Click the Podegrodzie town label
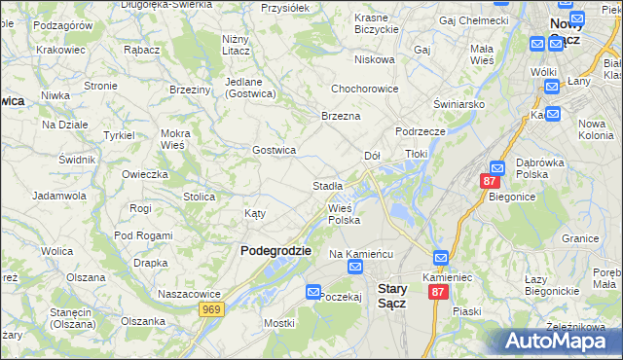pos(275,250)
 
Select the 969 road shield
pos(211,309)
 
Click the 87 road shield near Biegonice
pos(490,182)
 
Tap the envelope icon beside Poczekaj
pos(312,291)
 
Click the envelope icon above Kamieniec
pos(440,258)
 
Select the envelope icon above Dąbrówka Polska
pos(496,167)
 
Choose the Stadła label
pos(327,185)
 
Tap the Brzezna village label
pos(341,116)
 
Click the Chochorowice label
pos(366,88)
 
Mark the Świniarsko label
pos(460,103)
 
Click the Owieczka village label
pos(145,174)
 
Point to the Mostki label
pos(278,322)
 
